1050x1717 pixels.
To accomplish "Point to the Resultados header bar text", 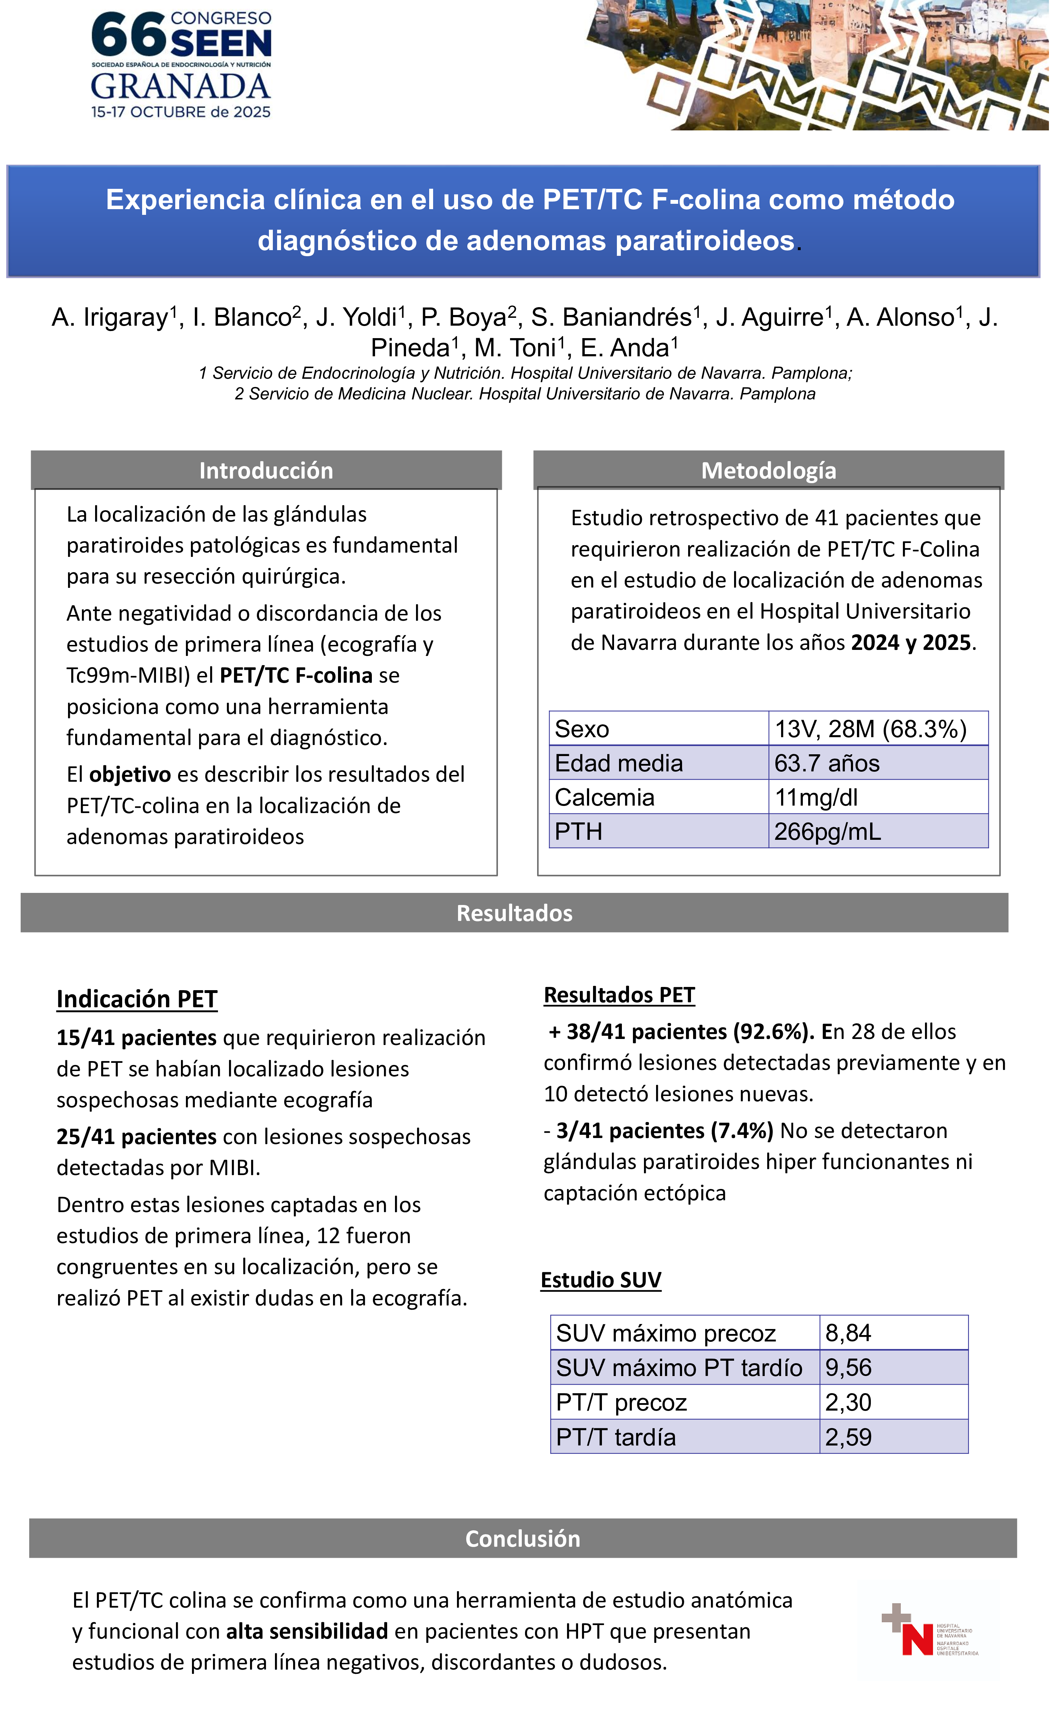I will (x=514, y=913).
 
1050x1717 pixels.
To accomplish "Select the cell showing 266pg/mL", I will (x=827, y=831).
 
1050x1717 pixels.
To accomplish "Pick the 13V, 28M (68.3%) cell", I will (x=870, y=729).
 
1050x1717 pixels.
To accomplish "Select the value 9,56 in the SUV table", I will (x=848, y=1367).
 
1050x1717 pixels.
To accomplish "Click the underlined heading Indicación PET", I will (x=136, y=999).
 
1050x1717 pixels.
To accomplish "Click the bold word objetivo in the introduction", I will (x=130, y=774).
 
